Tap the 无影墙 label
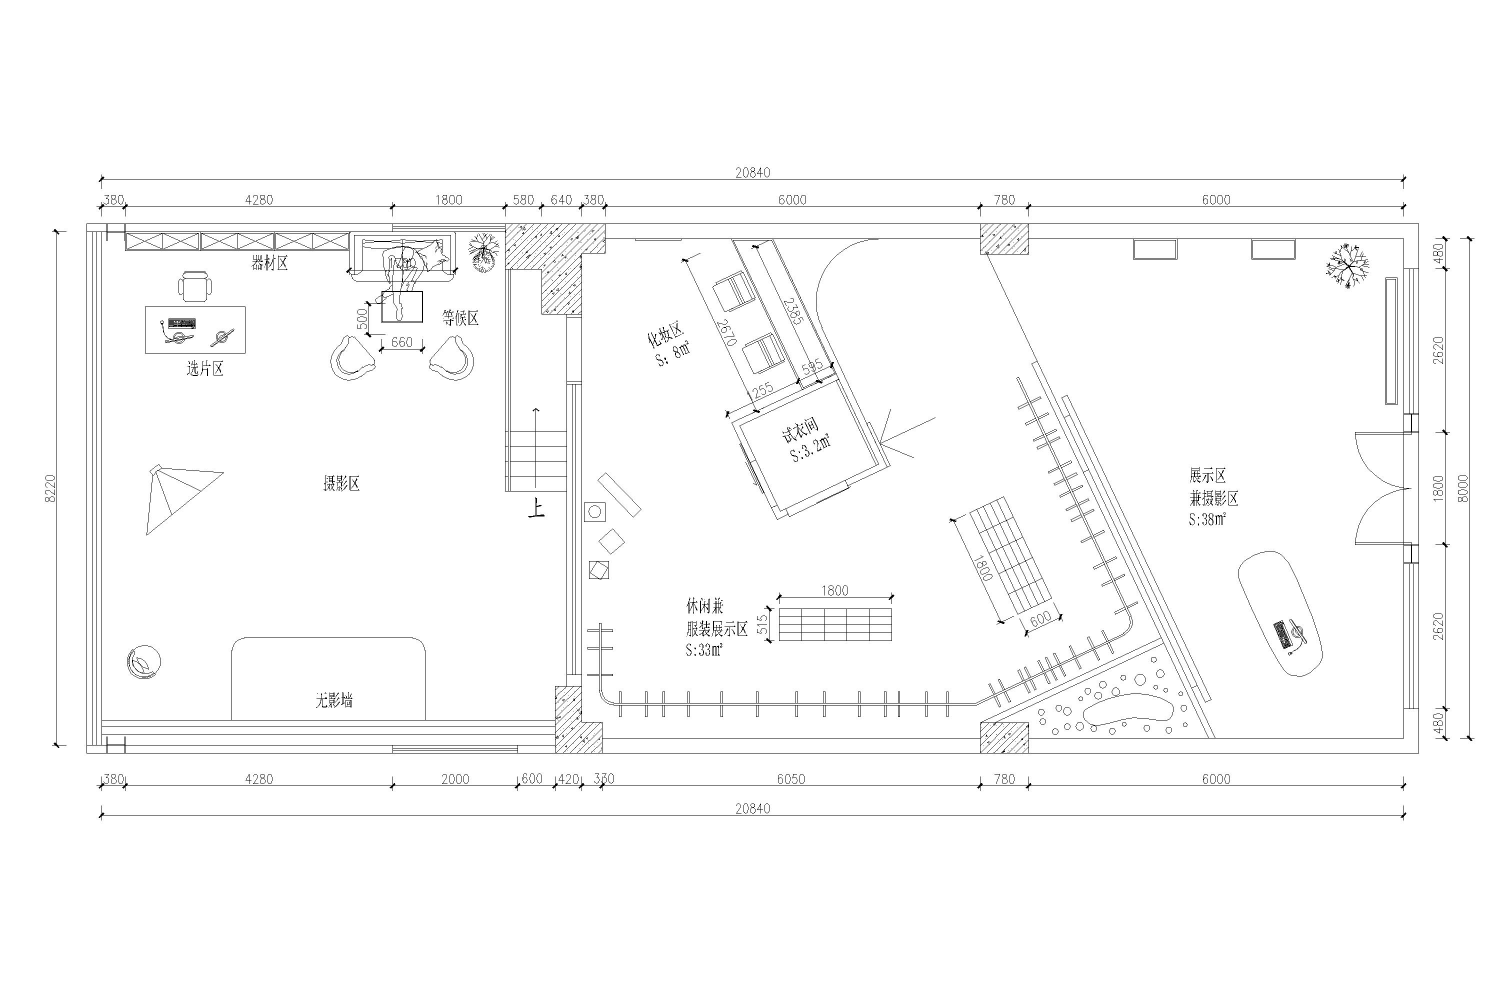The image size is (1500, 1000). click(333, 701)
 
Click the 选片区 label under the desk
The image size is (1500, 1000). click(204, 368)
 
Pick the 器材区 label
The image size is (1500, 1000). click(270, 263)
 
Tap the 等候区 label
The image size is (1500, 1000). click(460, 318)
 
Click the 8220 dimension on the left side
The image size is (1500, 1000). click(51, 488)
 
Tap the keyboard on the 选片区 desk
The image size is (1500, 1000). click(182, 323)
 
